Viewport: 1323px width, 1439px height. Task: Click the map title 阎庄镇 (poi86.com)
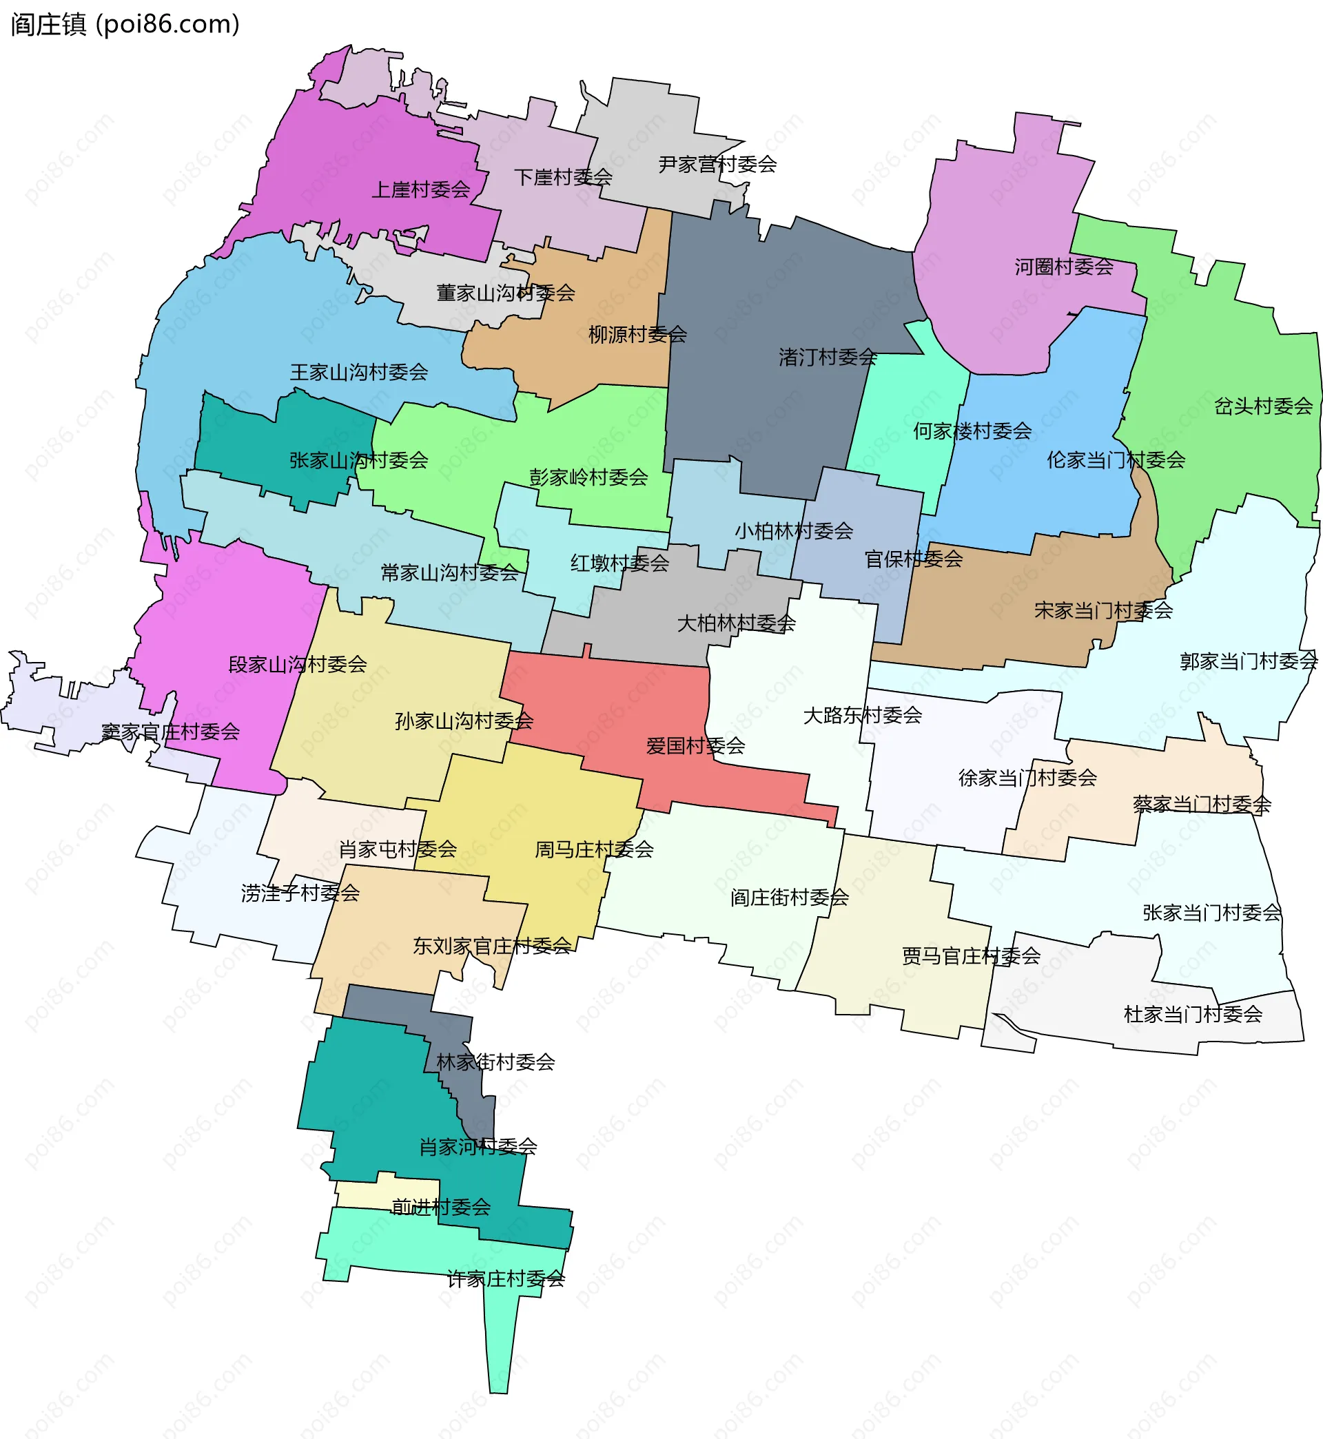click(125, 24)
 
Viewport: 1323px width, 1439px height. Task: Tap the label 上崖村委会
click(420, 189)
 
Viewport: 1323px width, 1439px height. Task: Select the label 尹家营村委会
click(717, 165)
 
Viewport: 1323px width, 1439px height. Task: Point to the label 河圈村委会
click(1063, 267)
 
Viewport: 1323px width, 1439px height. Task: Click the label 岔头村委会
click(1263, 406)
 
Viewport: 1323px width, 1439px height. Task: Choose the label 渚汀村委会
click(828, 357)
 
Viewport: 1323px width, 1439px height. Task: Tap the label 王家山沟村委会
click(359, 372)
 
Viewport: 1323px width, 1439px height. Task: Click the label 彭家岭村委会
click(588, 477)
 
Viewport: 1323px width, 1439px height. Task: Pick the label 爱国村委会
click(695, 745)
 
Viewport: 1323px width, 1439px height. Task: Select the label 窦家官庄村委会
click(170, 732)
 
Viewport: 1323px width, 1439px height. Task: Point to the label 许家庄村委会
click(506, 1278)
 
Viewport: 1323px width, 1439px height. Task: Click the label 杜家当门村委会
click(1193, 1014)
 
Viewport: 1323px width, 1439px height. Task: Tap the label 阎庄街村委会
click(789, 898)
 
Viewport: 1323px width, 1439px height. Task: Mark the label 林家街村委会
click(495, 1062)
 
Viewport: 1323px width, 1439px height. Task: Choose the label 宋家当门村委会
click(1103, 610)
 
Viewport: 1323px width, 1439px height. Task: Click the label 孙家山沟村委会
click(464, 721)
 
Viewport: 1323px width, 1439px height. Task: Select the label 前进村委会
click(440, 1207)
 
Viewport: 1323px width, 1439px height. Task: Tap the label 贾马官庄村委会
click(971, 956)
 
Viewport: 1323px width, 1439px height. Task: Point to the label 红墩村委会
click(619, 563)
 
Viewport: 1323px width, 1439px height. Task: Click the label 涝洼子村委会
click(300, 893)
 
